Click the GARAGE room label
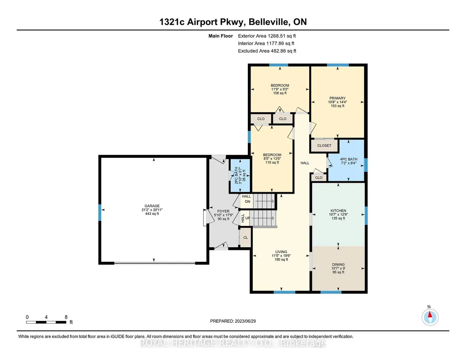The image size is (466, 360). click(x=152, y=206)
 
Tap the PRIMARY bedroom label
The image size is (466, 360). click(x=337, y=98)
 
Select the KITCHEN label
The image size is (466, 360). click(x=338, y=210)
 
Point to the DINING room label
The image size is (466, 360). click(x=338, y=265)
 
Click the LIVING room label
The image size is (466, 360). click(x=281, y=251)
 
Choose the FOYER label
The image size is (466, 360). click(x=223, y=211)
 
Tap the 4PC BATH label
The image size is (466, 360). click(x=349, y=159)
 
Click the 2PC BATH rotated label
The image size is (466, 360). click(x=236, y=175)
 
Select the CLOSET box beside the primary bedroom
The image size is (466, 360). click(x=324, y=145)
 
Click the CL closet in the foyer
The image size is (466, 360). click(x=246, y=238)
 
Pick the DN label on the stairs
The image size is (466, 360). click(x=248, y=202)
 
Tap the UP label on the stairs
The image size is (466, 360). click(x=248, y=218)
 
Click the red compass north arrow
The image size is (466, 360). click(x=430, y=315)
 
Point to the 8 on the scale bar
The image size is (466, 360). click(x=66, y=317)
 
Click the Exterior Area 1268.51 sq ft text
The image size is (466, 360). click(x=267, y=36)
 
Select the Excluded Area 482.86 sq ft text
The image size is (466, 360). click(x=267, y=51)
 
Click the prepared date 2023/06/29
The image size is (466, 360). click(x=245, y=321)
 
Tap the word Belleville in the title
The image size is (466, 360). click(x=268, y=22)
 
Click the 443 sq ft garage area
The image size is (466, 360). click(x=152, y=214)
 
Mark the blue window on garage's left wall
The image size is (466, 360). click(x=100, y=212)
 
